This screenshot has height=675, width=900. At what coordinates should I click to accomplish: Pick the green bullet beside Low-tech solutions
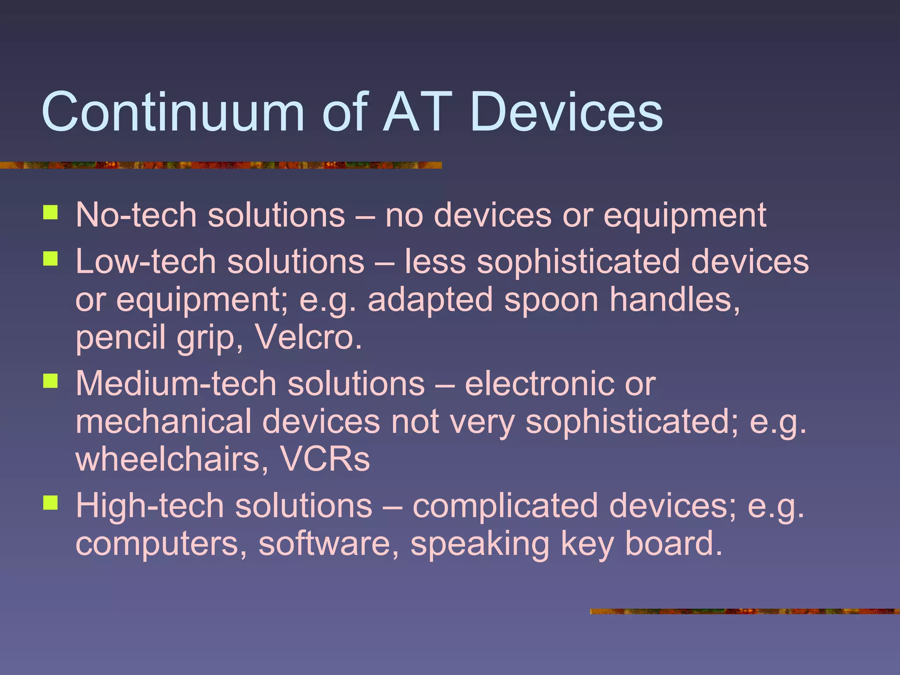click(51, 259)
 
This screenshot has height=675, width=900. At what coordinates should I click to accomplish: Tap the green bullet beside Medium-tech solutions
click(51, 381)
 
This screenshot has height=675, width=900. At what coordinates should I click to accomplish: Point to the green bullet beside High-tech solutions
click(51, 503)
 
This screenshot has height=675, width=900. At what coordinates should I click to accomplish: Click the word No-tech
click(136, 215)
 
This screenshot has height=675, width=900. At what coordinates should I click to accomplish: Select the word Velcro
click(308, 337)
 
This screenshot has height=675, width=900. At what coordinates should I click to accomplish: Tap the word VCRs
click(325, 459)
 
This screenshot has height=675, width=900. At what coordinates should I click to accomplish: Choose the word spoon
click(551, 300)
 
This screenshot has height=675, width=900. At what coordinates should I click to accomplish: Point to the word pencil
click(120, 337)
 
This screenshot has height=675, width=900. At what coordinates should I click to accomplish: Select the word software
click(329, 544)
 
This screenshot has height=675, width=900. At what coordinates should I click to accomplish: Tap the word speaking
click(479, 544)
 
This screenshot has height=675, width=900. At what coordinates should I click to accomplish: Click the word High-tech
click(150, 506)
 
